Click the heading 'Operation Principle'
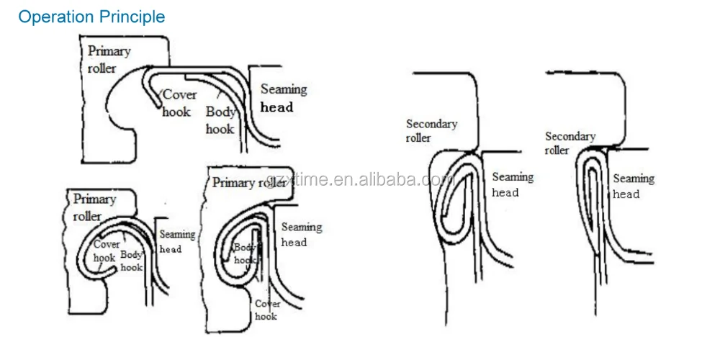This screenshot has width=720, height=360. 91,17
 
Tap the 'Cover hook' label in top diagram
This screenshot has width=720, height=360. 178,103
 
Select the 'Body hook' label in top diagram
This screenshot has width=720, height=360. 220,120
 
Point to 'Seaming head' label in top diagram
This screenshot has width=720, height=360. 283,98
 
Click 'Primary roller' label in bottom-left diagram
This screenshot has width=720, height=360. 94,207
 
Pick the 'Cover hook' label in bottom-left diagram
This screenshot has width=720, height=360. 106,251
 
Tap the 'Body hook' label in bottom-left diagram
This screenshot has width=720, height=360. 132,260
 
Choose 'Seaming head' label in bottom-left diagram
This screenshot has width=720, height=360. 176,241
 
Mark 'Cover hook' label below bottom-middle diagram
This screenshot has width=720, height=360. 266,310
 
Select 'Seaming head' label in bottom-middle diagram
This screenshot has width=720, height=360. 300,235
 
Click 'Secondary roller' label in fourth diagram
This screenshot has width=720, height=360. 431,130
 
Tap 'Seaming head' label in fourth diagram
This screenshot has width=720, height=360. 512,184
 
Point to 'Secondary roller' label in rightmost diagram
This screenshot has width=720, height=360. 570,143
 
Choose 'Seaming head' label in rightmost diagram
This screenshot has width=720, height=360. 633,186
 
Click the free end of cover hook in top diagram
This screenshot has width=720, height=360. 156,107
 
